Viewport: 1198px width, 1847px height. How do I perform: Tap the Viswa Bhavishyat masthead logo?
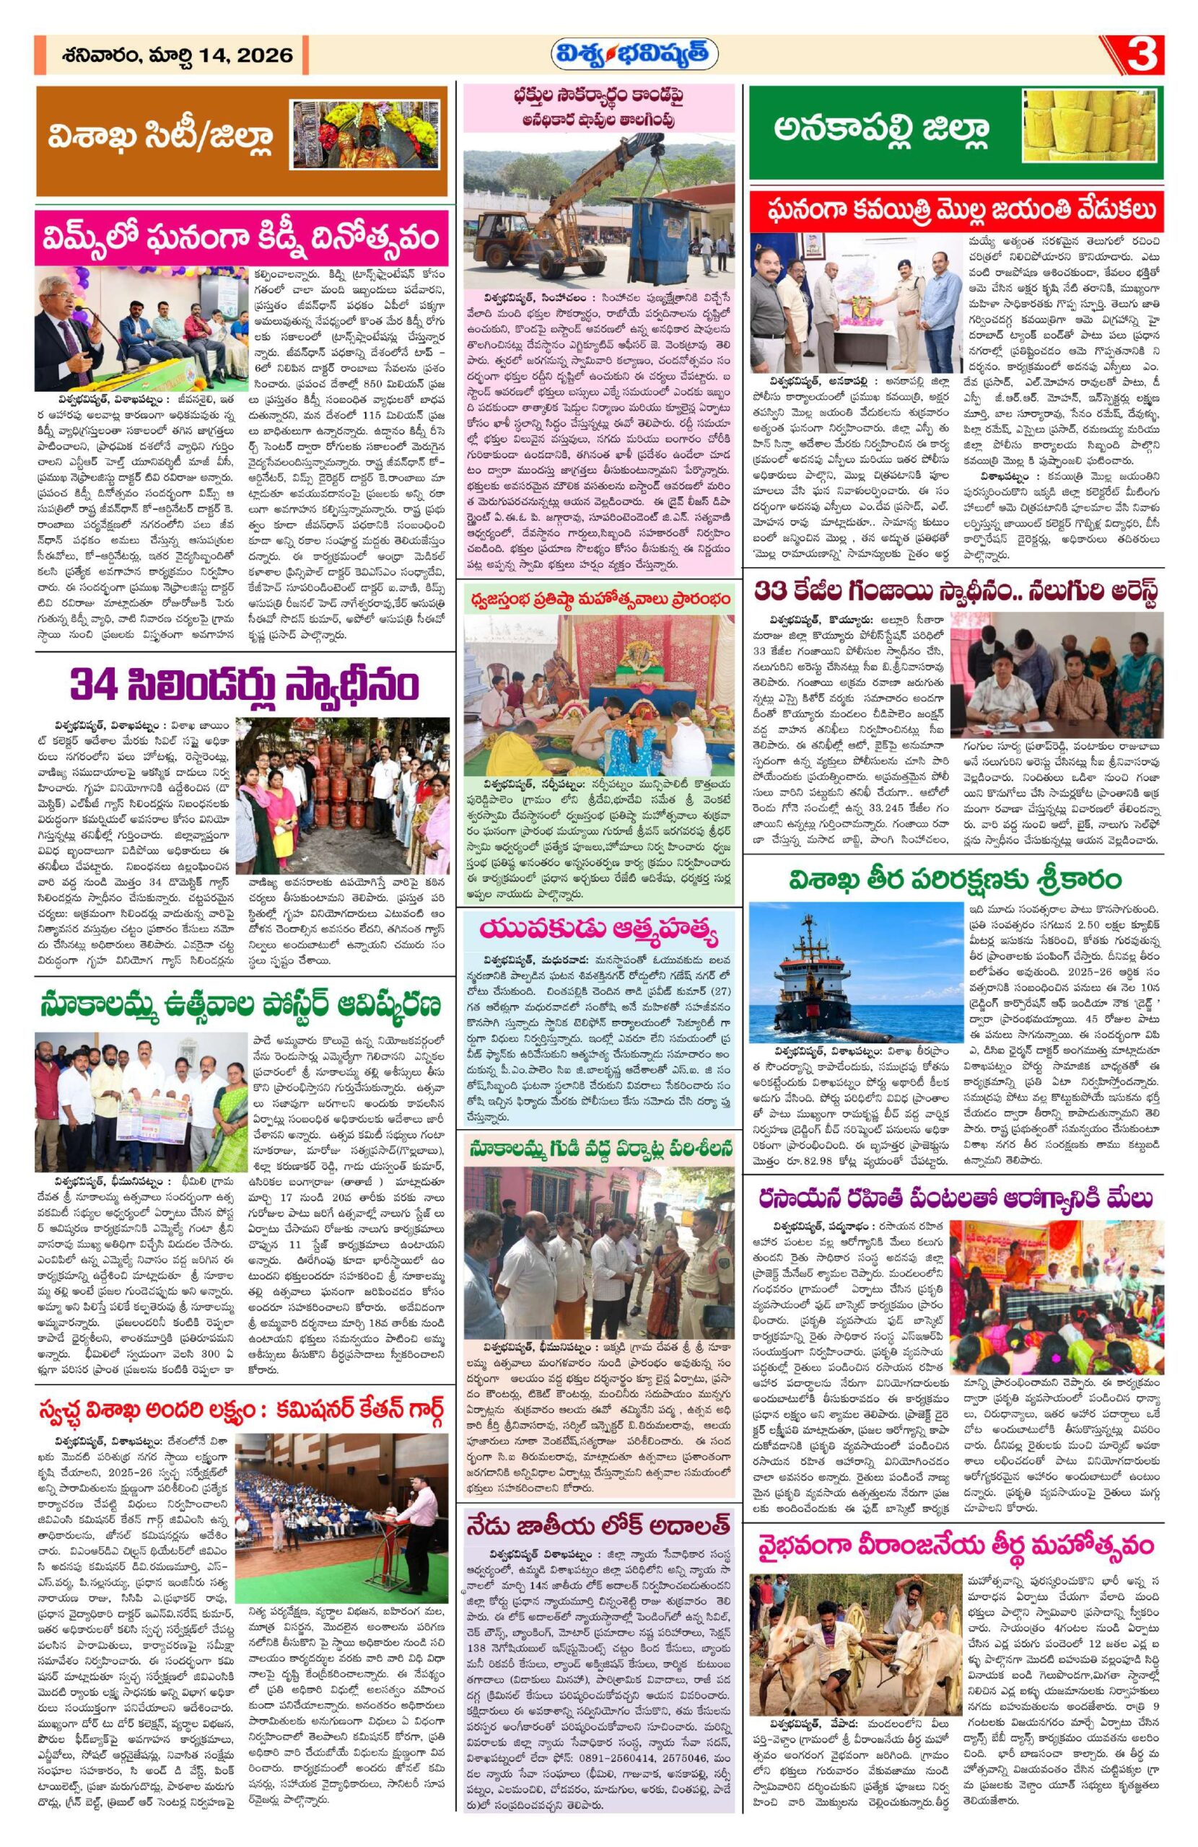(x=634, y=55)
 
